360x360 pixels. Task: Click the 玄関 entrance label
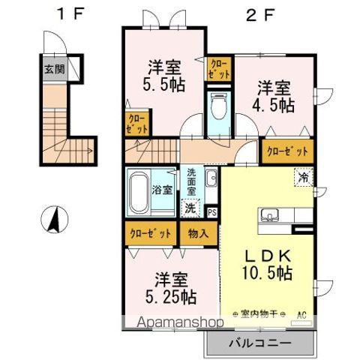click(53, 70)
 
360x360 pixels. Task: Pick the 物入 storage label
click(199, 233)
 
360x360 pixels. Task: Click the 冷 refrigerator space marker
click(302, 178)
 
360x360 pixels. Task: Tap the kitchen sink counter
click(277, 216)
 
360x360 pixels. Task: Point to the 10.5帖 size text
click(265, 274)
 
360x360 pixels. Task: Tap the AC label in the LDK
click(302, 315)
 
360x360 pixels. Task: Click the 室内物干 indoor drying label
click(256, 315)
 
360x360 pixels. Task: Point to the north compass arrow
click(55, 219)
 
